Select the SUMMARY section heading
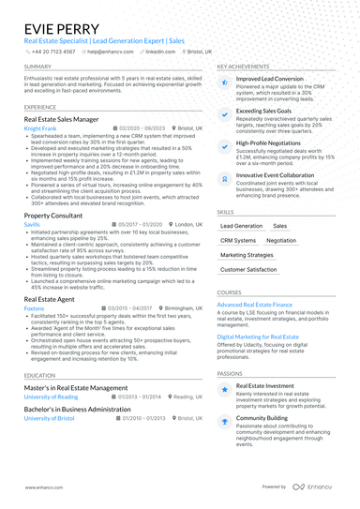38,67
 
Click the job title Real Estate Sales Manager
61,120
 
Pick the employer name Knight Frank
40,127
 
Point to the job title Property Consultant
53,216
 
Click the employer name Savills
32,225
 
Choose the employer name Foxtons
35,307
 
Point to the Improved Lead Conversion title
270,80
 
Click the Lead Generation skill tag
242,226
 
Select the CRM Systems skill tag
238,240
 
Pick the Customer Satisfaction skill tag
248,269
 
